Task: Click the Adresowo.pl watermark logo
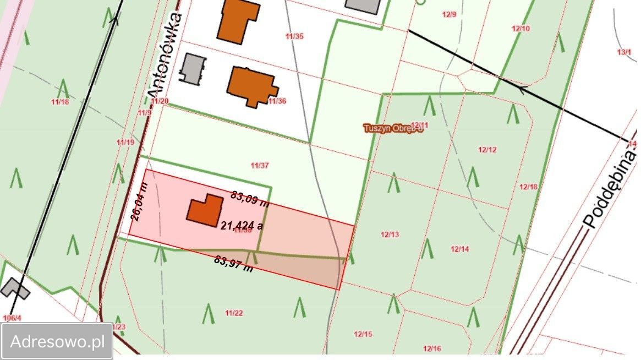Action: (57, 341)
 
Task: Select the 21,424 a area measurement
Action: (242, 225)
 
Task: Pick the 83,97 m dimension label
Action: (233, 264)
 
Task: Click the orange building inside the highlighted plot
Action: (205, 210)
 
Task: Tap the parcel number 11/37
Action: (259, 165)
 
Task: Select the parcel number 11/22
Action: (234, 313)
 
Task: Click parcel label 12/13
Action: (390, 234)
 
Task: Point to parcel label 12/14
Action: (459, 249)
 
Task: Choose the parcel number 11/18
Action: (59, 101)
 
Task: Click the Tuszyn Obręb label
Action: (393, 128)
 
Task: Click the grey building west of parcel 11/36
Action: (193, 69)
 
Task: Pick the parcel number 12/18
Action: (528, 187)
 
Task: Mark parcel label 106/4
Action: (12, 318)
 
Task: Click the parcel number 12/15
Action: (363, 334)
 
